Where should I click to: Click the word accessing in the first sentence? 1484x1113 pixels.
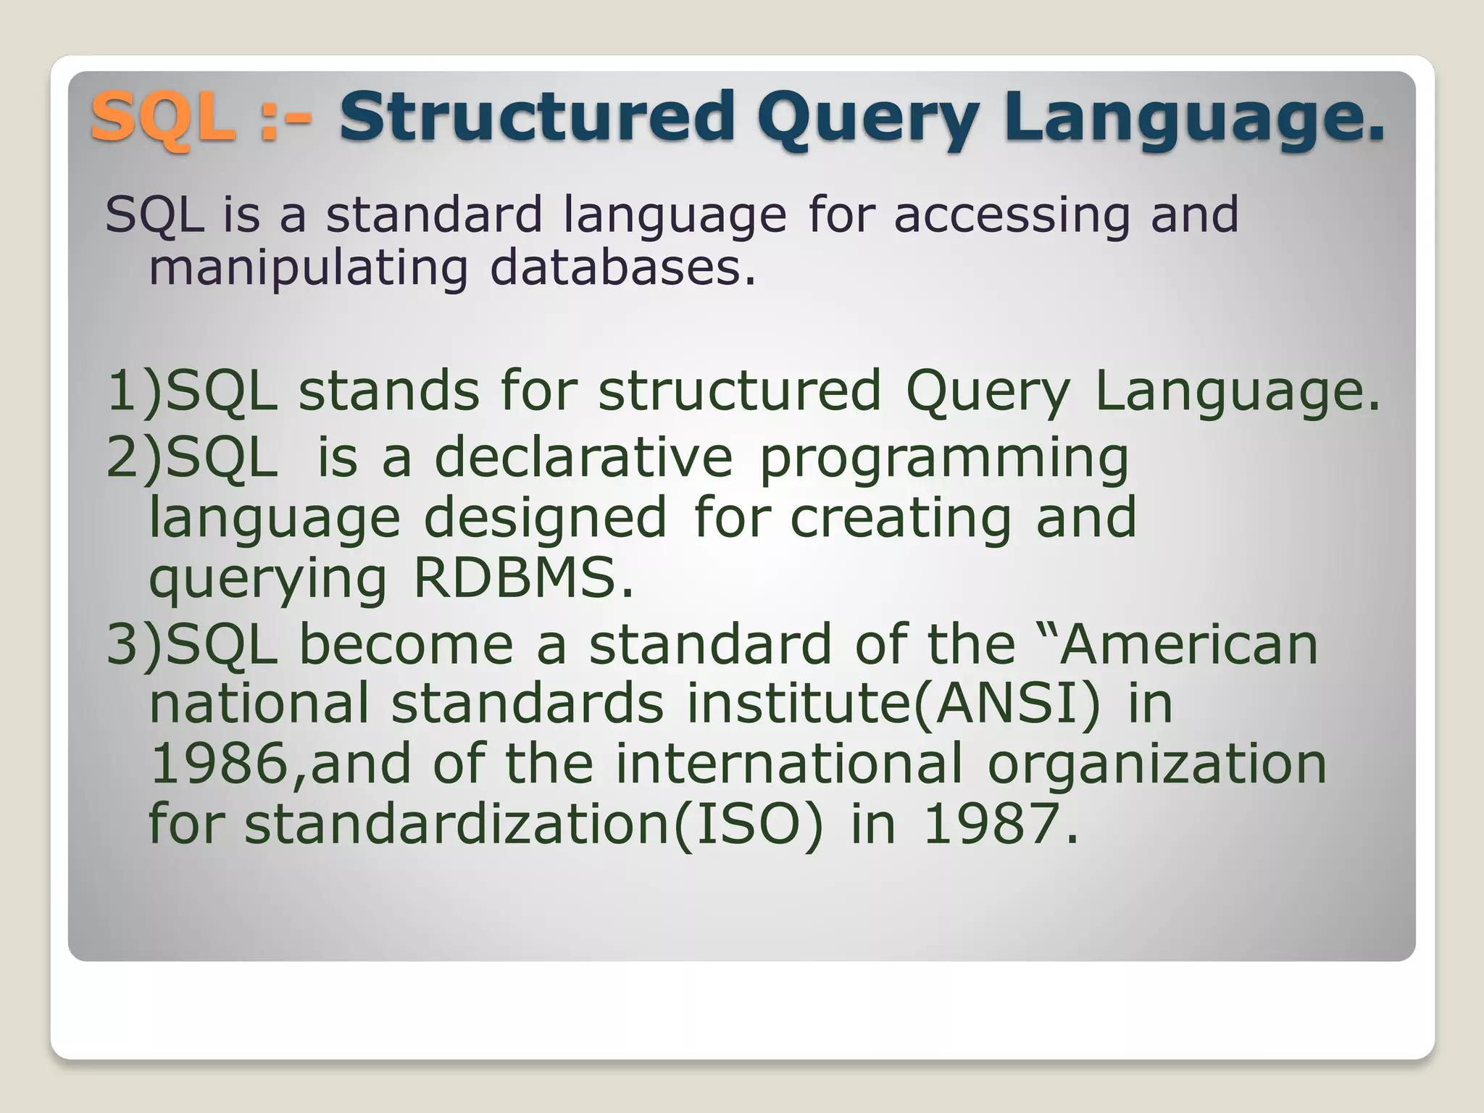(x=1012, y=215)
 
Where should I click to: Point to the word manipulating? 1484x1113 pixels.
(x=308, y=268)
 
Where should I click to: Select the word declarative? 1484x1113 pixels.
(x=583, y=458)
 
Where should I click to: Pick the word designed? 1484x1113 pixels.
(x=544, y=519)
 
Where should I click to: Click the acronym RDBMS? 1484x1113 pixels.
(x=522, y=579)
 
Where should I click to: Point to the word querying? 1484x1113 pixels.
(x=268, y=580)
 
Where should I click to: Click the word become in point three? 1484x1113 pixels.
(x=406, y=644)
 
